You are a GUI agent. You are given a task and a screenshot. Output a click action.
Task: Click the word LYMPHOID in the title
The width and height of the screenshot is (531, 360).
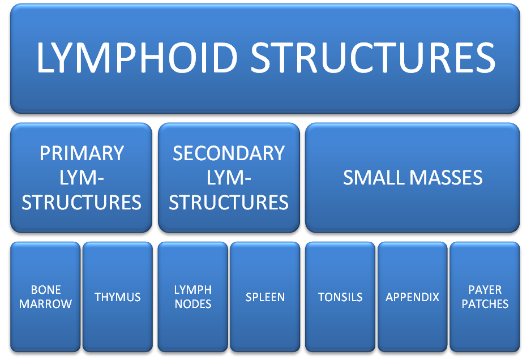click(x=137, y=57)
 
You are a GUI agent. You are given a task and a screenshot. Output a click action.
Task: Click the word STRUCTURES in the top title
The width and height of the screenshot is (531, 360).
click(x=373, y=57)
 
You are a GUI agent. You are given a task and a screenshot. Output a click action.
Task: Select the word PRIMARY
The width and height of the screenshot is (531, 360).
click(x=82, y=153)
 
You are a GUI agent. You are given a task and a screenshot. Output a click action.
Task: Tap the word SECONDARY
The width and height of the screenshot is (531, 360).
click(x=229, y=153)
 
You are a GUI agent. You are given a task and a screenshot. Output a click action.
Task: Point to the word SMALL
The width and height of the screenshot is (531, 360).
click(x=374, y=178)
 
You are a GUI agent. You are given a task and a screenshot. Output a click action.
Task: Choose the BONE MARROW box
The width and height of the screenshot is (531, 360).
click(x=45, y=297)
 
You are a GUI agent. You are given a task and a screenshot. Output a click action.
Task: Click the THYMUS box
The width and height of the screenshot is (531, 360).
click(x=118, y=297)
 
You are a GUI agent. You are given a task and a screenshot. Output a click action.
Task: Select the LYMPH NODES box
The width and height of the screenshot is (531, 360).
click(x=192, y=297)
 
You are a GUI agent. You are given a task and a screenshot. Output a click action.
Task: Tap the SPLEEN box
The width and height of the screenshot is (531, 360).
click(x=265, y=297)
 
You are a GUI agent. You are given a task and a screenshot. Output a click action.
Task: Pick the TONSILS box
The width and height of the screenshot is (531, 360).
click(x=340, y=297)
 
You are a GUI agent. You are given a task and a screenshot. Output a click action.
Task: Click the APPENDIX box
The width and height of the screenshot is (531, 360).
click(x=413, y=297)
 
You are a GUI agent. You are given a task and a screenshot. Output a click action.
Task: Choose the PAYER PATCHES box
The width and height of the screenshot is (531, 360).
click(x=485, y=297)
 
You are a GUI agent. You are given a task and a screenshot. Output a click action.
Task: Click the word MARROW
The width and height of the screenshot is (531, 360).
click(x=45, y=304)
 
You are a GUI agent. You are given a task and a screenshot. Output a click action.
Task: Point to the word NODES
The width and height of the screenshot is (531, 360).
click(x=193, y=304)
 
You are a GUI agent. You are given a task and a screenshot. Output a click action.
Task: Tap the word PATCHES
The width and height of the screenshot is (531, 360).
click(x=485, y=304)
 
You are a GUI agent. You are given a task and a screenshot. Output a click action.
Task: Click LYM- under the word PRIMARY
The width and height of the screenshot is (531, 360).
click(x=82, y=178)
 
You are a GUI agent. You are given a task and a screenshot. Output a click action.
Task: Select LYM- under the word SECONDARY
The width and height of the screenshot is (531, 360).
click(x=229, y=178)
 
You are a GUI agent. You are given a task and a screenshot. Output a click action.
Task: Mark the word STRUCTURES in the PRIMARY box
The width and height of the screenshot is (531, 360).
click(x=82, y=202)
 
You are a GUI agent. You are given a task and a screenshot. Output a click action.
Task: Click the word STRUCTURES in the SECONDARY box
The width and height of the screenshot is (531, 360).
click(x=229, y=202)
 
